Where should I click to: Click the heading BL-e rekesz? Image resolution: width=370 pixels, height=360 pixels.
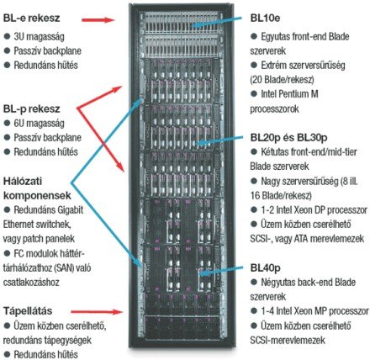[31, 19]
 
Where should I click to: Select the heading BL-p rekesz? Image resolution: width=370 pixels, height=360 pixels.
[31, 109]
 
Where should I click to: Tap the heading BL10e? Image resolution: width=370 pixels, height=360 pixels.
[265, 19]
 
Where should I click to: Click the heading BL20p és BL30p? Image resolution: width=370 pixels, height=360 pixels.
[288, 138]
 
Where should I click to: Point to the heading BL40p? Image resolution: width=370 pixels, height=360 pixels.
[265, 268]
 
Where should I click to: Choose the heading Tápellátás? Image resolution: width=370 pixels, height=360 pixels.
[28, 311]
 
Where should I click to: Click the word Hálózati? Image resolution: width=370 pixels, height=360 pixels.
[23, 181]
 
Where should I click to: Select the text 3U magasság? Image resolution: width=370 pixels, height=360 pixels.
[39, 36]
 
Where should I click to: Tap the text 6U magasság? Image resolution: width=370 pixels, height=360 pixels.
[39, 124]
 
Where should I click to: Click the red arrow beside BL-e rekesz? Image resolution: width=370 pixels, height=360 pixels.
[98, 20]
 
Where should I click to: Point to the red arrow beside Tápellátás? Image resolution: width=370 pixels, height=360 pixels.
[97, 312]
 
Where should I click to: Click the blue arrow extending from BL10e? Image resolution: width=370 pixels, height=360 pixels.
[216, 22]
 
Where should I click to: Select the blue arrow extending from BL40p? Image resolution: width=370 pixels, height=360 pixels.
[220, 270]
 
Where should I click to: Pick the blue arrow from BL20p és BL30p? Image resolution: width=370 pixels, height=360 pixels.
[219, 140]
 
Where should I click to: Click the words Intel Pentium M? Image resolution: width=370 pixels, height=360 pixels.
[289, 94]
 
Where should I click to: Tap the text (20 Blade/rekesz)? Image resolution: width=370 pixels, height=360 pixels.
[282, 80]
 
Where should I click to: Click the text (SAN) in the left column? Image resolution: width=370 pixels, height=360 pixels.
[65, 267]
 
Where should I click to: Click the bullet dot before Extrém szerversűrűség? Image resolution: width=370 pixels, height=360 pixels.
[254, 65]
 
